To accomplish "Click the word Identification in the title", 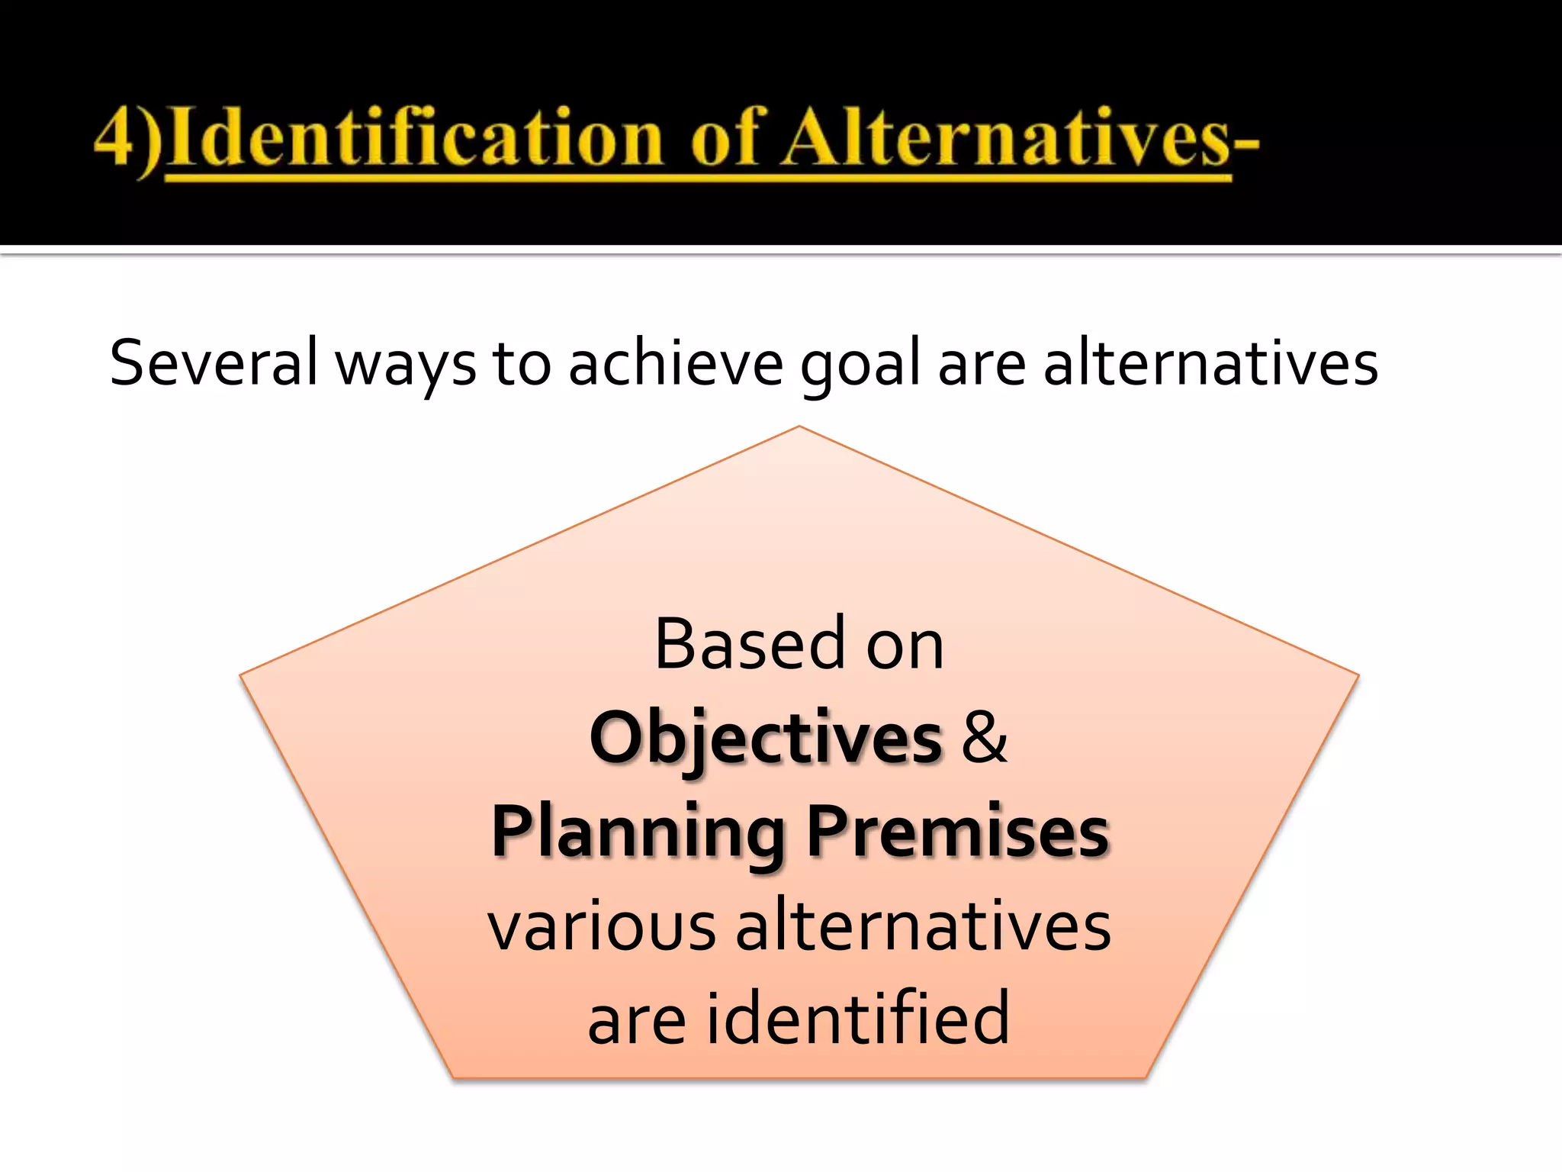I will pos(416,137).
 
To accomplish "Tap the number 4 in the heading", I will pos(114,137).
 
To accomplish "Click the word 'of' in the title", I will pos(725,137).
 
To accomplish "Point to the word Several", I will pos(213,363).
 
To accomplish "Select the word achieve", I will pos(675,363).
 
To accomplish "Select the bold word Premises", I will pos(957,832).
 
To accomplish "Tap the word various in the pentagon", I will pos(602,926).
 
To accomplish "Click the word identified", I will pos(858,1018).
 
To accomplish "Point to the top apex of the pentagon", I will pos(799,427).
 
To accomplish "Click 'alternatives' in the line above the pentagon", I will pos(1210,363).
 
